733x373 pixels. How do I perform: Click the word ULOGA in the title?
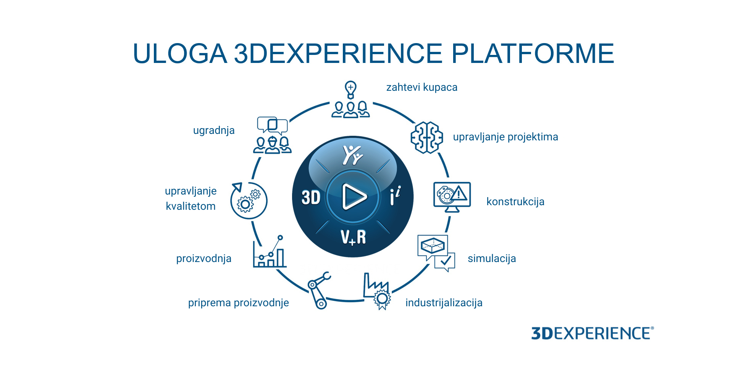(180, 53)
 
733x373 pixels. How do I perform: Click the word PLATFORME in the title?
(533, 53)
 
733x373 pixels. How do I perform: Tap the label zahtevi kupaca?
(422, 87)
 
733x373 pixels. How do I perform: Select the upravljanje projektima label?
(505, 137)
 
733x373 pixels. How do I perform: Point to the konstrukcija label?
(515, 202)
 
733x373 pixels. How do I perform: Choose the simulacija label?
(492, 259)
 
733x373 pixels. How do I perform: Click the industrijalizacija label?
(444, 303)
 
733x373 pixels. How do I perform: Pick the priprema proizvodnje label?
(239, 303)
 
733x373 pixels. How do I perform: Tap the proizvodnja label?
(204, 259)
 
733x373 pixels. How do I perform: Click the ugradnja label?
(214, 131)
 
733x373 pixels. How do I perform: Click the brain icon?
(427, 137)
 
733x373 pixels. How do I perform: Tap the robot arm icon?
(319, 290)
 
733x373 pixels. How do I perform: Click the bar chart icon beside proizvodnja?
(270, 251)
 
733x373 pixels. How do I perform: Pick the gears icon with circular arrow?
(249, 201)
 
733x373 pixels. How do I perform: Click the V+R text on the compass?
(353, 237)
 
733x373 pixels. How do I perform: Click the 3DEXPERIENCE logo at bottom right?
(593, 333)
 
